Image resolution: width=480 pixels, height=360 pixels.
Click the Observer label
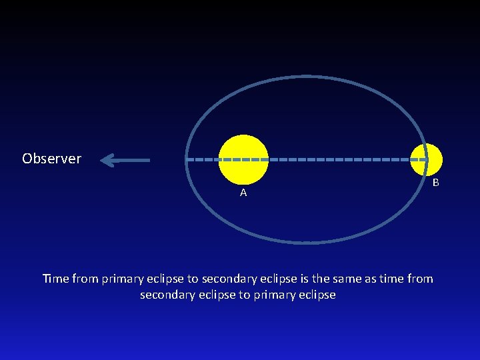(x=51, y=159)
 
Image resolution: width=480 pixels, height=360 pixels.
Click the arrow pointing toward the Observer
(x=127, y=160)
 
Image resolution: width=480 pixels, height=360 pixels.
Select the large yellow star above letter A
(x=243, y=159)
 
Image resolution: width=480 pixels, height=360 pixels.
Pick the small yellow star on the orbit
(x=426, y=160)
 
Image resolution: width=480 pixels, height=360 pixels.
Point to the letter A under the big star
(x=243, y=193)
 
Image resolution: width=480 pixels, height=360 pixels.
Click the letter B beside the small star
(x=435, y=182)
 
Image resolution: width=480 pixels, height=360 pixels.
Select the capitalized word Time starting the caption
(x=55, y=279)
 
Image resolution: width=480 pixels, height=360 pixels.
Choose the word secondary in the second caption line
(x=165, y=295)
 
